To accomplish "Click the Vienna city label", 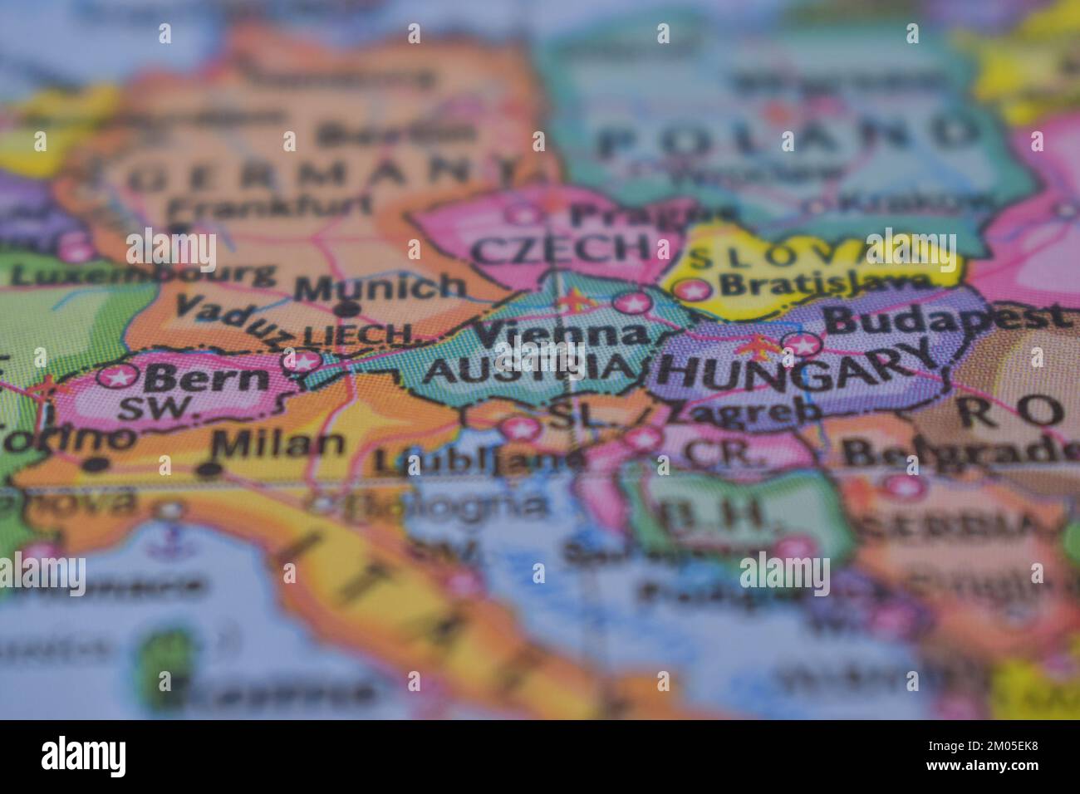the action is [562, 334].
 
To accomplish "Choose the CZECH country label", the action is [562, 248].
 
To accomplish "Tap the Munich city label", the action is [380, 287].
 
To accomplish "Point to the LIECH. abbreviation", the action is [359, 336].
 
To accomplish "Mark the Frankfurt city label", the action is [258, 207].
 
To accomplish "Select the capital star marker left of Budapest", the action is [804, 343].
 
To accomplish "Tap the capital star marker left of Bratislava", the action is [692, 290].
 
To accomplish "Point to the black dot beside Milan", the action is [209, 470].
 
